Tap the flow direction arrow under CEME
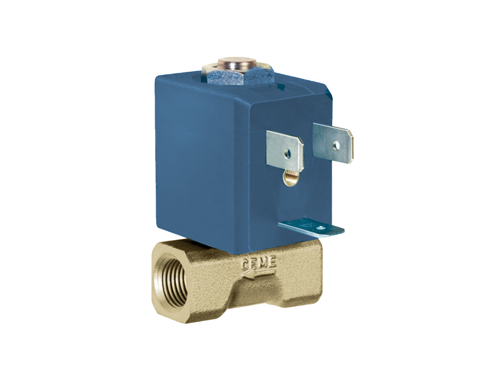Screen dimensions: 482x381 pos(259,275)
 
